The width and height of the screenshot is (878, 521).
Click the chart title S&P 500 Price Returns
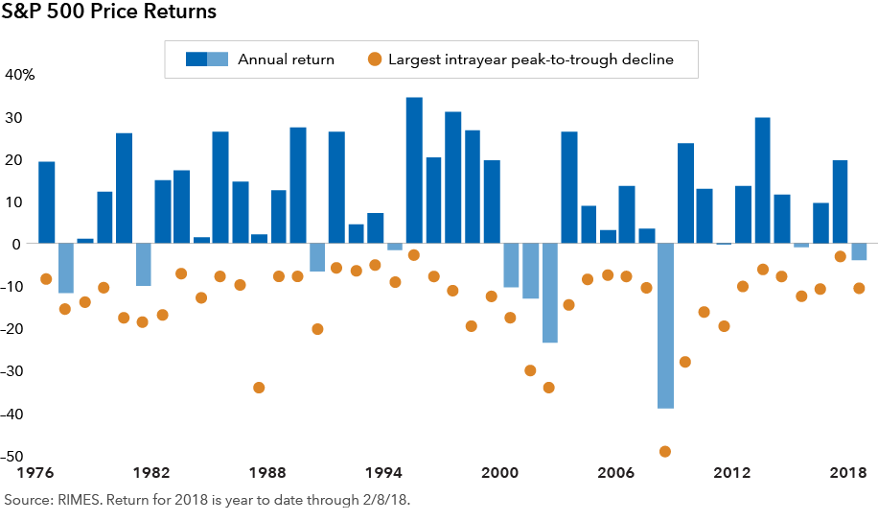coord(109,13)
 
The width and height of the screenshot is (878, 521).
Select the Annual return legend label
coord(286,59)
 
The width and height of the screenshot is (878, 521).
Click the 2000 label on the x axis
coord(499,473)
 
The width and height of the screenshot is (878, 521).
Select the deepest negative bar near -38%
coord(665,326)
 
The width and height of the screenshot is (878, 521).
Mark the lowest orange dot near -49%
coord(665,452)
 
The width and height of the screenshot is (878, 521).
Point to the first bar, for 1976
coord(46,202)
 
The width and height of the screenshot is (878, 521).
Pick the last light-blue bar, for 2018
coord(859,252)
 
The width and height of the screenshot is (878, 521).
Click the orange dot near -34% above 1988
coord(259,388)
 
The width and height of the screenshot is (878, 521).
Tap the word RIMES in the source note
coord(74,500)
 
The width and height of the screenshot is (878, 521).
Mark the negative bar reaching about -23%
coord(549,293)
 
